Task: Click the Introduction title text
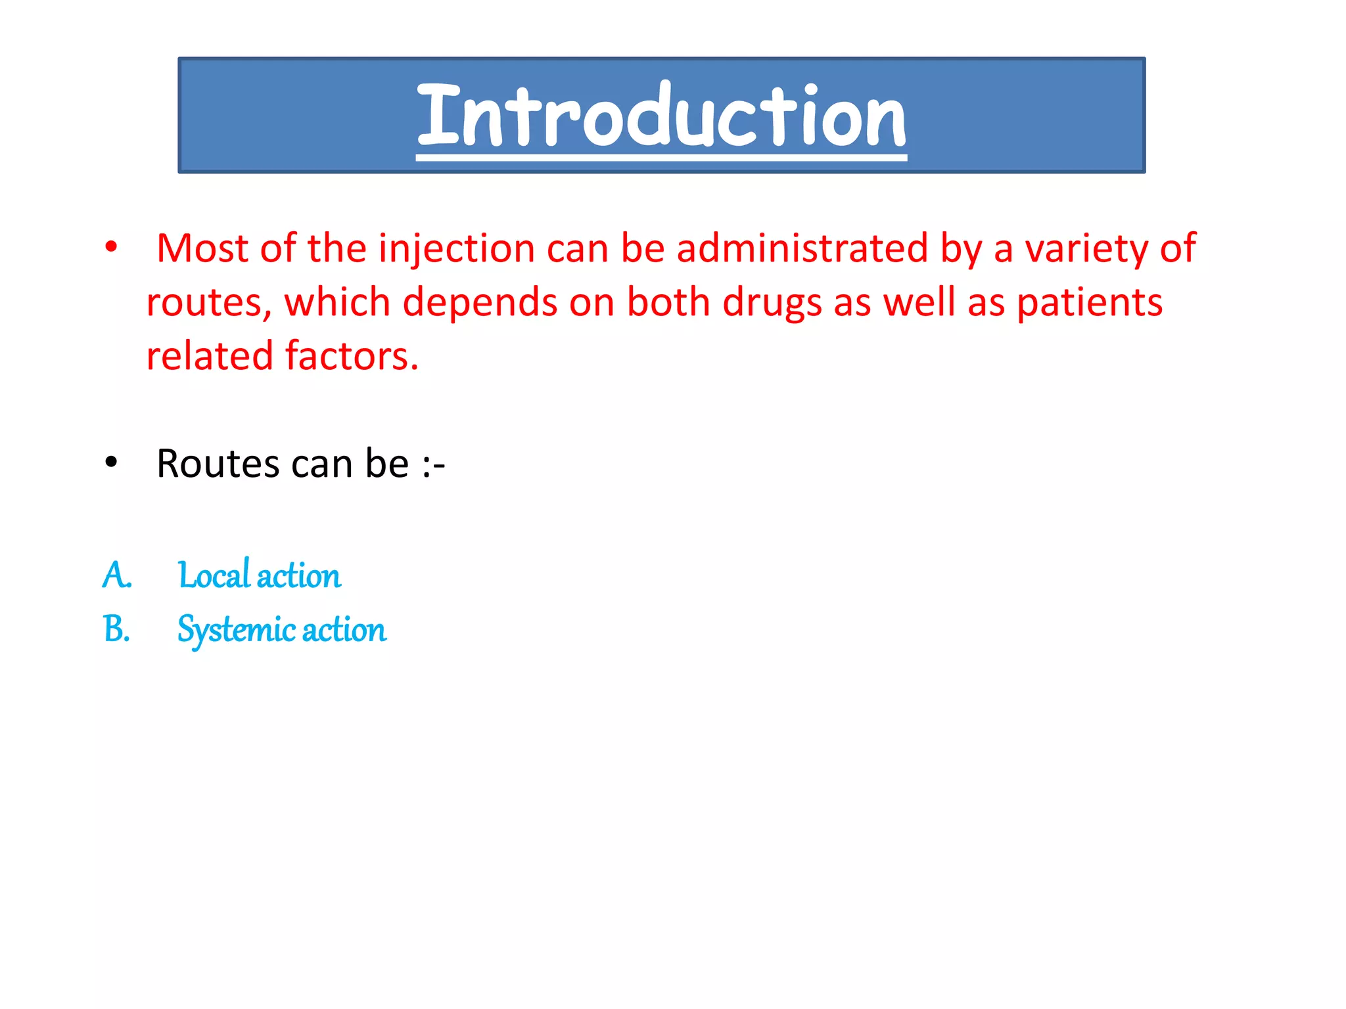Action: point(661,116)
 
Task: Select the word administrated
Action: point(802,248)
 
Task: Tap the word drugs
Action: point(772,303)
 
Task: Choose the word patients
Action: point(1090,303)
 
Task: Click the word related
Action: point(209,356)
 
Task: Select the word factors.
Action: point(351,356)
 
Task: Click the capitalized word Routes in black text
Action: point(218,464)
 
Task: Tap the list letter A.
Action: point(116,575)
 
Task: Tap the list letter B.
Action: point(116,629)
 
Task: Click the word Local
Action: point(214,575)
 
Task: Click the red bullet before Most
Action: point(111,248)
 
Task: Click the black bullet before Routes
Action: point(111,462)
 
